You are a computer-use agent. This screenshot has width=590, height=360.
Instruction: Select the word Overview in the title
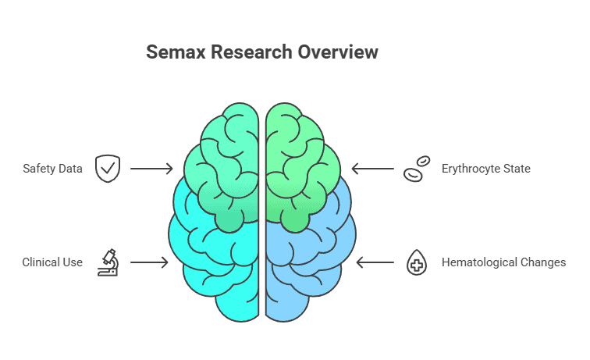click(x=341, y=52)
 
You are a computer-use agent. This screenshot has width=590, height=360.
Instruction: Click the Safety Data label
click(x=52, y=169)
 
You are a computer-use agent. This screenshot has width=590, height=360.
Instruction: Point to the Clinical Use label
click(x=52, y=262)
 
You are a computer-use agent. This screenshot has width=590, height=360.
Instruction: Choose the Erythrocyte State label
click(x=486, y=169)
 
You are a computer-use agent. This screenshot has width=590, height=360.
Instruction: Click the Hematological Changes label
click(x=503, y=262)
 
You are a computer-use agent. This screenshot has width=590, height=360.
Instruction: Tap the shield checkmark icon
click(x=108, y=169)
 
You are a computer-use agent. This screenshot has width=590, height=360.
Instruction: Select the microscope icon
click(x=108, y=262)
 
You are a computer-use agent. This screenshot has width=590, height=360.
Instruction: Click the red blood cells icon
click(x=416, y=169)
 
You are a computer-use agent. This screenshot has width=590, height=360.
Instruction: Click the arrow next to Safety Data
click(x=151, y=169)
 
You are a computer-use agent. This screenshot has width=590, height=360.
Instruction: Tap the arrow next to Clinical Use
click(x=148, y=262)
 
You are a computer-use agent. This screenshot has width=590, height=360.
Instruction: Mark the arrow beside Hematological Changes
click(x=375, y=262)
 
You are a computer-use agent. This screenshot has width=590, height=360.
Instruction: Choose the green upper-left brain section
click(x=226, y=156)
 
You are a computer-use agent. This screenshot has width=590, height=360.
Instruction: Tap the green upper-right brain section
click(x=300, y=156)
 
